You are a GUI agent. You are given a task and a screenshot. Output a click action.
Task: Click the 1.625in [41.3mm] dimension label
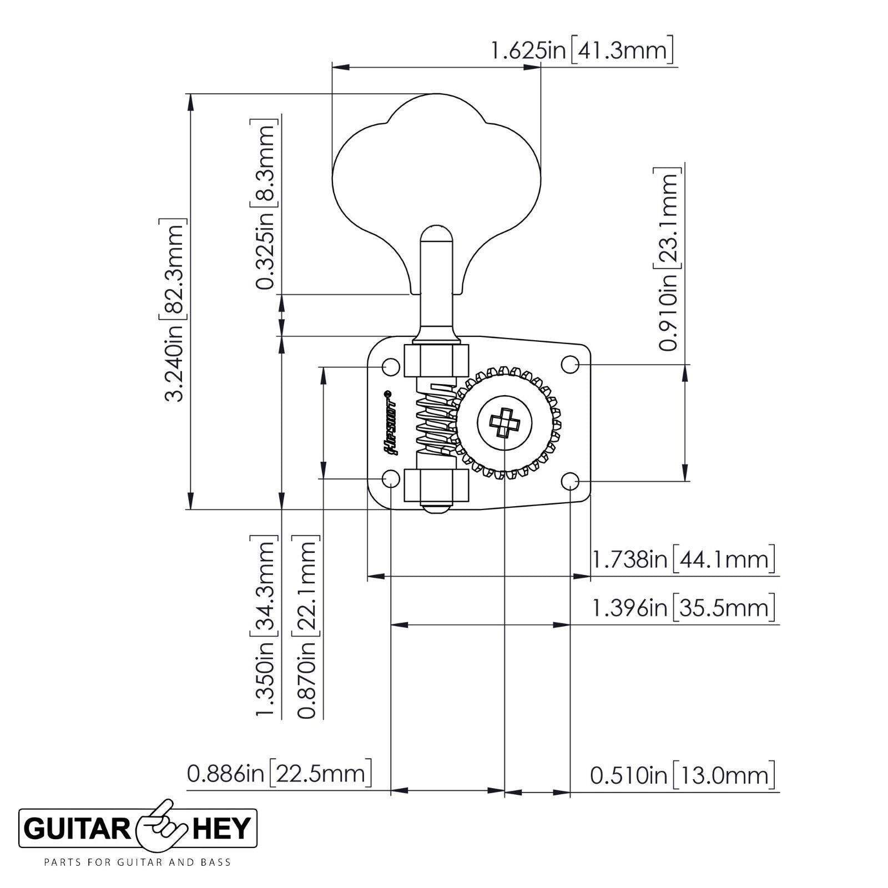point(582,51)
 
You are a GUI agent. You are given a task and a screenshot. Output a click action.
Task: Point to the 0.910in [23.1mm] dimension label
point(668,258)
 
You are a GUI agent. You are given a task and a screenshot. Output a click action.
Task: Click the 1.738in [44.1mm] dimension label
point(683,559)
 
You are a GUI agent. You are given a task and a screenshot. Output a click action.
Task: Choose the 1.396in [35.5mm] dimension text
point(683,608)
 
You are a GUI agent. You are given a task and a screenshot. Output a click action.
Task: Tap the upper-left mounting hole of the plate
point(392,366)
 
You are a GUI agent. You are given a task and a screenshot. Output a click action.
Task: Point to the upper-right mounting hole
point(570,365)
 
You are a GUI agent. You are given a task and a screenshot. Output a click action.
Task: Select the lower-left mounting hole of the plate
point(392,478)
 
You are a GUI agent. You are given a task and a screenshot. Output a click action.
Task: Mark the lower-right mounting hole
point(570,481)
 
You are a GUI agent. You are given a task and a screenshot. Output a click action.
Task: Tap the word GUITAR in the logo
point(77,829)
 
